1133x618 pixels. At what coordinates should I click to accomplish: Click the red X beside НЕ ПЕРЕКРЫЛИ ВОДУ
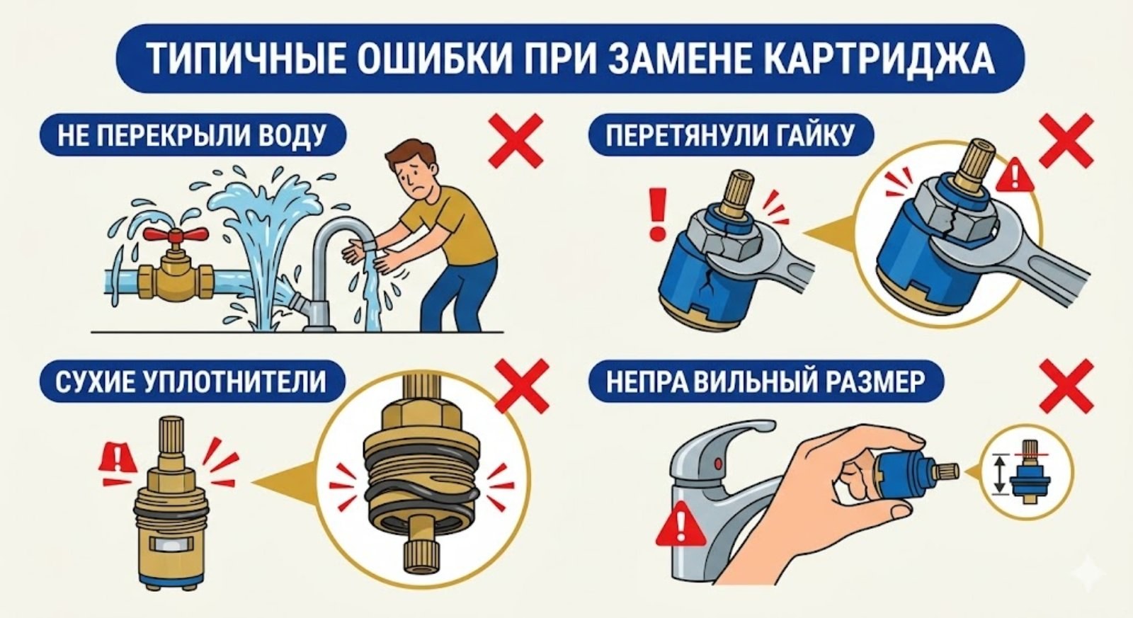pos(517,142)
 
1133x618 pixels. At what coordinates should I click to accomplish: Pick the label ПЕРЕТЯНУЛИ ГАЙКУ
pos(730,135)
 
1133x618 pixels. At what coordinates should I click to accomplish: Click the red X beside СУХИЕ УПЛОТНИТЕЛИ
pos(522,386)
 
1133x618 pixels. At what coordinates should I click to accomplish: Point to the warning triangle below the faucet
pos(681,525)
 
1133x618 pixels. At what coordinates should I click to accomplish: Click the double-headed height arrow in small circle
pos(998,475)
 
